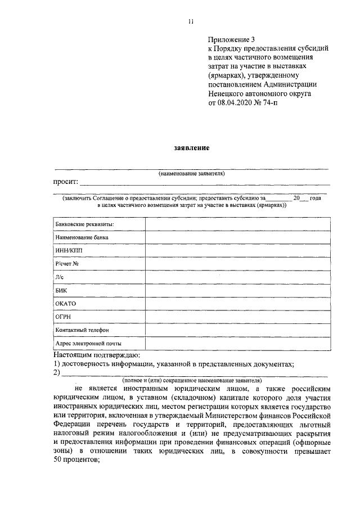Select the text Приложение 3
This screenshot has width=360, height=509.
[x=231, y=39]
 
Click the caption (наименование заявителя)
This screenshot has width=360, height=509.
[x=191, y=174]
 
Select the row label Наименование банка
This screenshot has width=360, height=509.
[x=82, y=237]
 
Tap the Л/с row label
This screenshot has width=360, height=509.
[x=60, y=277]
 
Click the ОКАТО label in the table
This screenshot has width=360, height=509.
[x=66, y=304]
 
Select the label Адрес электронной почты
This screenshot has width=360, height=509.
[x=88, y=343]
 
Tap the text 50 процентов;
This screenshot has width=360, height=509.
[x=76, y=458]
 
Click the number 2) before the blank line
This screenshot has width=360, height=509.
[x=57, y=373]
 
